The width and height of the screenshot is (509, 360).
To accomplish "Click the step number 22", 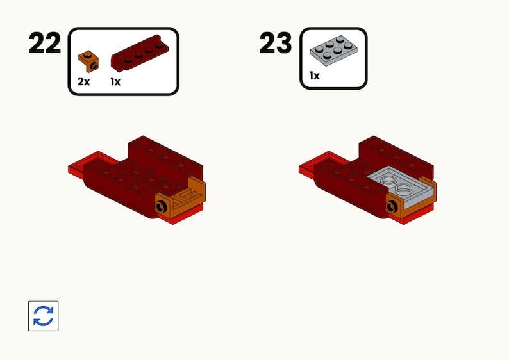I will (x=44, y=43).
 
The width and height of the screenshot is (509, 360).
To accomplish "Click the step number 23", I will (x=276, y=43).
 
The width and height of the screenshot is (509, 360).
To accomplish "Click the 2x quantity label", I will (x=84, y=82).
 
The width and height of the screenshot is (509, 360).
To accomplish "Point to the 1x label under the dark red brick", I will (x=115, y=82).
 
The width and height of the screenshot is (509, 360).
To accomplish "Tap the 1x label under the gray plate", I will (x=314, y=76).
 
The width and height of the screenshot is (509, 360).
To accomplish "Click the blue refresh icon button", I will (x=44, y=316).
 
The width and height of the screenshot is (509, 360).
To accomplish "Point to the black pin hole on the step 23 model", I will (x=392, y=205).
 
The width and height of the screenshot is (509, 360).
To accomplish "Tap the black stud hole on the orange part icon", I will (x=94, y=65).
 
